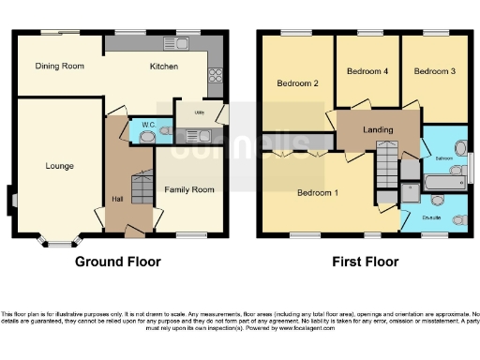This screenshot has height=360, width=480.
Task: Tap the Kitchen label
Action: point(165,66)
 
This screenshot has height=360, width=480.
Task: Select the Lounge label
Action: point(59,166)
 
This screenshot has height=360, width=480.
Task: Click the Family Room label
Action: point(189,189)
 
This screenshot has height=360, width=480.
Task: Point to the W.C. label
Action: point(148,124)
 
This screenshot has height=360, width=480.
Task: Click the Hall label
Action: point(118,199)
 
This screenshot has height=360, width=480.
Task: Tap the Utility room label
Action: point(199,112)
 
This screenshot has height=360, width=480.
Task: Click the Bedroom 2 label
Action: point(298,83)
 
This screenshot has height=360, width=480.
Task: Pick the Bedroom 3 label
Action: point(433,71)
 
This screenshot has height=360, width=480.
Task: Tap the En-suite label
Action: point(431,217)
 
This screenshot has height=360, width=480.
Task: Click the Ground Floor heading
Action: point(117,262)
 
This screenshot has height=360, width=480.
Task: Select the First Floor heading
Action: point(365,262)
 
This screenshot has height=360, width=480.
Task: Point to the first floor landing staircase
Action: point(386,165)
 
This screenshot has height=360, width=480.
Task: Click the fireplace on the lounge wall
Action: point(10,198)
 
